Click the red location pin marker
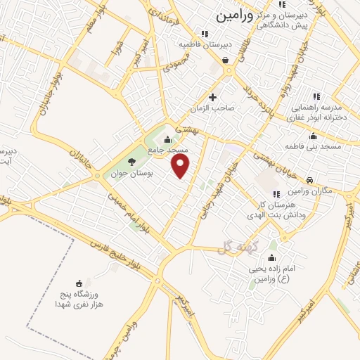(181, 166)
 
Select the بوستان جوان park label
(123, 173)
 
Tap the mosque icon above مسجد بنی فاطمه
(313, 136)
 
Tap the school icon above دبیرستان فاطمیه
(204, 33)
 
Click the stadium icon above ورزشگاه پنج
(77, 283)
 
